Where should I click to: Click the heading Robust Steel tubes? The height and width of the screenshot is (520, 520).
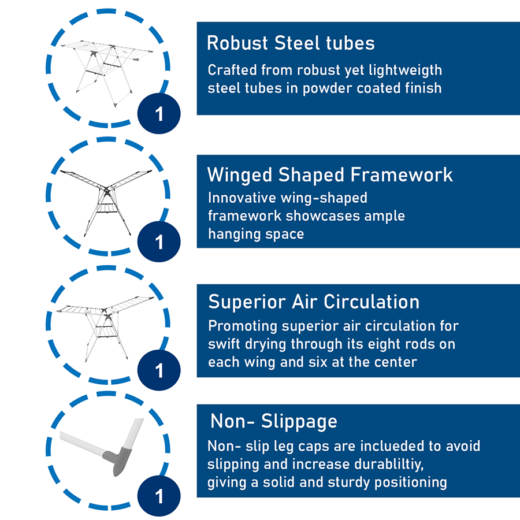point(291,43)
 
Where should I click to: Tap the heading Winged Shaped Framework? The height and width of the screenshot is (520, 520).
point(330,174)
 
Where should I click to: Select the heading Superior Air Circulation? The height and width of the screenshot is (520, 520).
point(314,302)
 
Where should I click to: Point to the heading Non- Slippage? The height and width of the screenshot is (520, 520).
point(273,421)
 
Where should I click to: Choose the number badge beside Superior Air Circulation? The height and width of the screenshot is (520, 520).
point(159,370)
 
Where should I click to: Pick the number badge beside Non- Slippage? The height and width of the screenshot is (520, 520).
point(159,496)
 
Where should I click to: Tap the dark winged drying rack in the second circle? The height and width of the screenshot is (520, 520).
point(107,199)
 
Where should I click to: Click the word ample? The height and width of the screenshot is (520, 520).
point(386,216)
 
